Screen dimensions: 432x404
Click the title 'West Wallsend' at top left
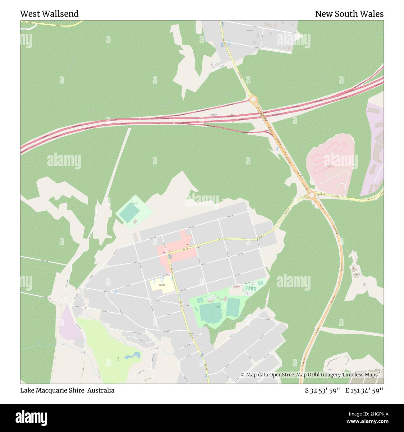click(49, 14)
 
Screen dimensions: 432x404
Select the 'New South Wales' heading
click(349, 14)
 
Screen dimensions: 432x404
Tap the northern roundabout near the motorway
click(253, 99)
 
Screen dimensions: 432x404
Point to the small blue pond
click(132, 355)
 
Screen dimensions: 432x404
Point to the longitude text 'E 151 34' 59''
click(364, 390)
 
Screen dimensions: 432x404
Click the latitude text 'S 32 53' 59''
click(323, 390)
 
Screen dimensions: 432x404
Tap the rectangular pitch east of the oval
click(233, 307)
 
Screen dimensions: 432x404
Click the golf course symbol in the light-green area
click(118, 358)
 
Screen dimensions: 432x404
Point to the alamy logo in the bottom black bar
click(31, 417)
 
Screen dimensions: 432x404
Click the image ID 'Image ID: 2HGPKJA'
click(364, 414)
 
